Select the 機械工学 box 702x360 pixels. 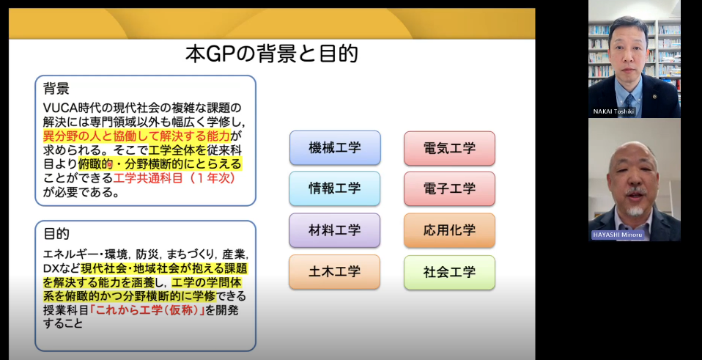335,148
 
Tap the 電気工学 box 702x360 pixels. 449,148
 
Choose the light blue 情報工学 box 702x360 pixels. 335,188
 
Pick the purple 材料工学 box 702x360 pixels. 335,230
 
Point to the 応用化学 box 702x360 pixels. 449,230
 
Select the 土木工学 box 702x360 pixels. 335,272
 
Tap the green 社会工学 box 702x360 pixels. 449,272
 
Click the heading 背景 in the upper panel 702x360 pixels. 56,88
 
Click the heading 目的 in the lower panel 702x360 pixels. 56,234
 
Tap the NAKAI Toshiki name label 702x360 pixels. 613,111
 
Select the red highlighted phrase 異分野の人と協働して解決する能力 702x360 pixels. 136,136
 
